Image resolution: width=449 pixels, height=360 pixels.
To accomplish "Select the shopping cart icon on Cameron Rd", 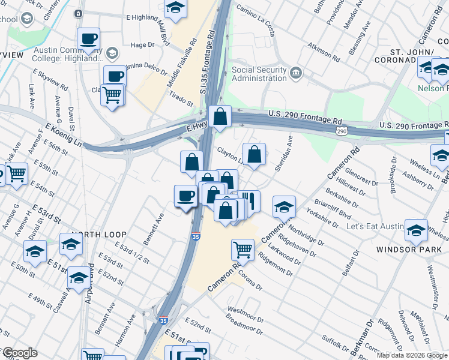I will click(243, 248).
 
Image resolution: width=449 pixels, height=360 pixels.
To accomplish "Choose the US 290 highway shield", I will click(342, 131).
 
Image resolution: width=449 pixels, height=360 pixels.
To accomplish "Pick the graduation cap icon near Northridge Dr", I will click(284, 207).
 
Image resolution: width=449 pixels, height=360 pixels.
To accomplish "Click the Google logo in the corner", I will click(19, 353).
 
